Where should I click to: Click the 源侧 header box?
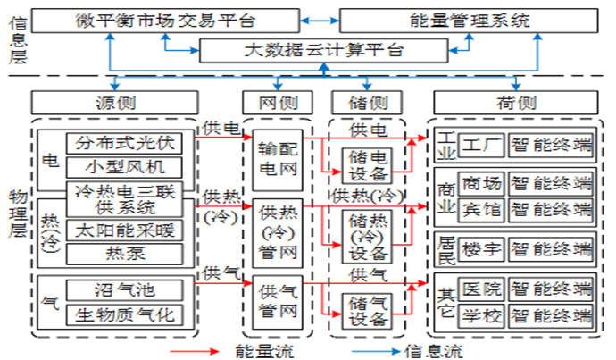pyautogui.click(x=115, y=102)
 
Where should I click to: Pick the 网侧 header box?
pyautogui.click(x=272, y=102)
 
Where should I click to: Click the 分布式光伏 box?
pyautogui.click(x=129, y=142)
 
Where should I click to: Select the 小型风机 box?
pyautogui.click(x=129, y=166)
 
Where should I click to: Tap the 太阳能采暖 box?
pyautogui.click(x=129, y=230)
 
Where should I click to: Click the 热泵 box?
pyautogui.click(x=129, y=253)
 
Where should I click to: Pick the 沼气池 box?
pyautogui.click(x=129, y=289)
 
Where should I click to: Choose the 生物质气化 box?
pyautogui.click(x=129, y=314)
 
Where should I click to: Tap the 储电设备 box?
pyautogui.click(x=368, y=163)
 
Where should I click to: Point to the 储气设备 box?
pyautogui.click(x=368, y=309)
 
